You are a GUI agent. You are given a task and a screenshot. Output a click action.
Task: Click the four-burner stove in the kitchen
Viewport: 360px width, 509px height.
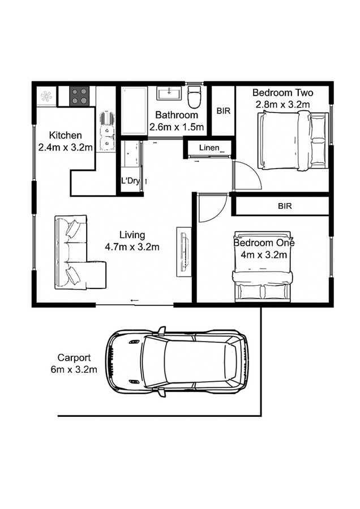pos(80,96)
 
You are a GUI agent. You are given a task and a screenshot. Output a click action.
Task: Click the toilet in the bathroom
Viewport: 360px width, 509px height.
pos(194,97)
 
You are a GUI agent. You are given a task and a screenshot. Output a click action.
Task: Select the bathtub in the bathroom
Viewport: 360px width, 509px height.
pos(134,110)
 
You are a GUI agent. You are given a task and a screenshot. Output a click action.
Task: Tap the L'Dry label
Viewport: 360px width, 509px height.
pos(130,181)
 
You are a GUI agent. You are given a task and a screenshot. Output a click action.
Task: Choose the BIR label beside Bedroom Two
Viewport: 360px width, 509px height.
pos(223,111)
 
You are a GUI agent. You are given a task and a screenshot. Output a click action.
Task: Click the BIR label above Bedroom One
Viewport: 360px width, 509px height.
pos(285,206)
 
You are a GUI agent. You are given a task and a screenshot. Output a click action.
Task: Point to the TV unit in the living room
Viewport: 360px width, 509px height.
pos(183,251)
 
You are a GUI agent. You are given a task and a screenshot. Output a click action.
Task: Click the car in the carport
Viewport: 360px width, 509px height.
pos(177,361)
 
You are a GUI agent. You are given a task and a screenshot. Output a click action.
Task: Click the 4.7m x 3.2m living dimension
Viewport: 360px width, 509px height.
pos(132,247)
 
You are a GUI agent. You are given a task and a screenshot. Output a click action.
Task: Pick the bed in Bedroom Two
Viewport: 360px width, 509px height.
pos(292,140)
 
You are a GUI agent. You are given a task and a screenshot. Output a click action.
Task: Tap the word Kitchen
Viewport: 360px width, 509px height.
pos(66,136)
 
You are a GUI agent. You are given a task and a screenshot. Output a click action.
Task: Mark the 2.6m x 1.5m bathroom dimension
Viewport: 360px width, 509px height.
pos(177,127)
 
